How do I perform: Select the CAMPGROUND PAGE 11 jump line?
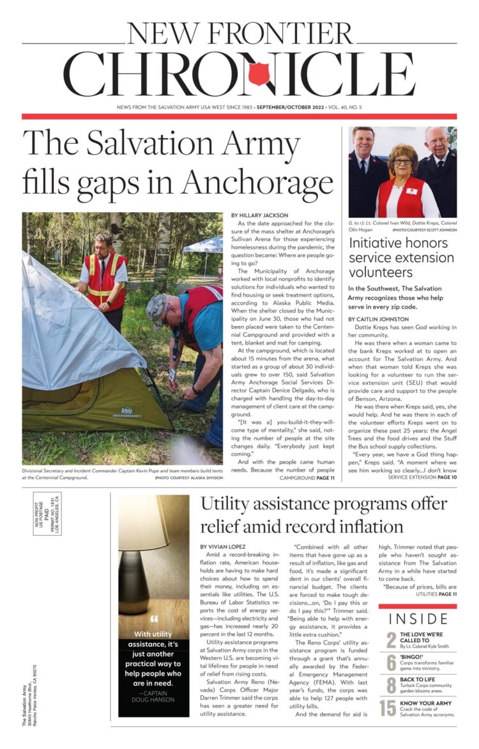click(307, 477)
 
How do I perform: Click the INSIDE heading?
click(418, 619)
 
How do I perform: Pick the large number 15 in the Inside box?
click(388, 707)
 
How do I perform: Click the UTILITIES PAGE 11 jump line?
click(436, 594)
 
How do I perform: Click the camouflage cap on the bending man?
click(156, 304)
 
